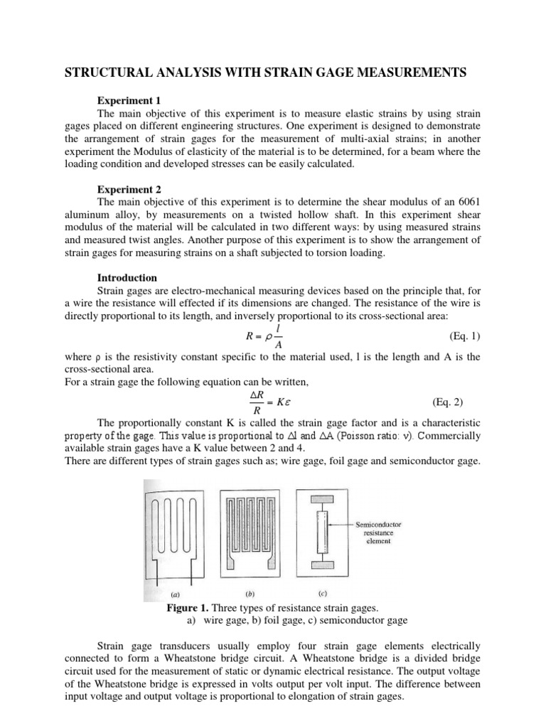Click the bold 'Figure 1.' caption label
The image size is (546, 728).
190,609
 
